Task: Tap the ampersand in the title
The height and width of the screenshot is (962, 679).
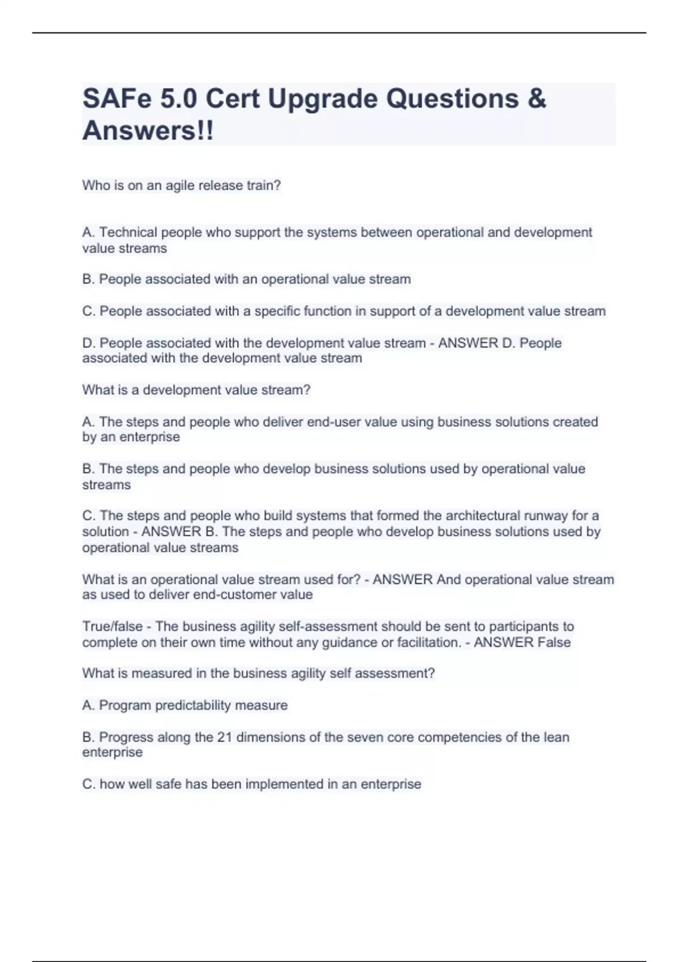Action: click(536, 98)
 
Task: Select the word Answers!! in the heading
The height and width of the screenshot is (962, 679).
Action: click(148, 131)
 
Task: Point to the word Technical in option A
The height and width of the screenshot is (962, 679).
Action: click(128, 233)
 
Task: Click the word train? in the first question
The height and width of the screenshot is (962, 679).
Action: click(264, 186)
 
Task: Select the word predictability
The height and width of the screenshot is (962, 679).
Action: click(194, 706)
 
